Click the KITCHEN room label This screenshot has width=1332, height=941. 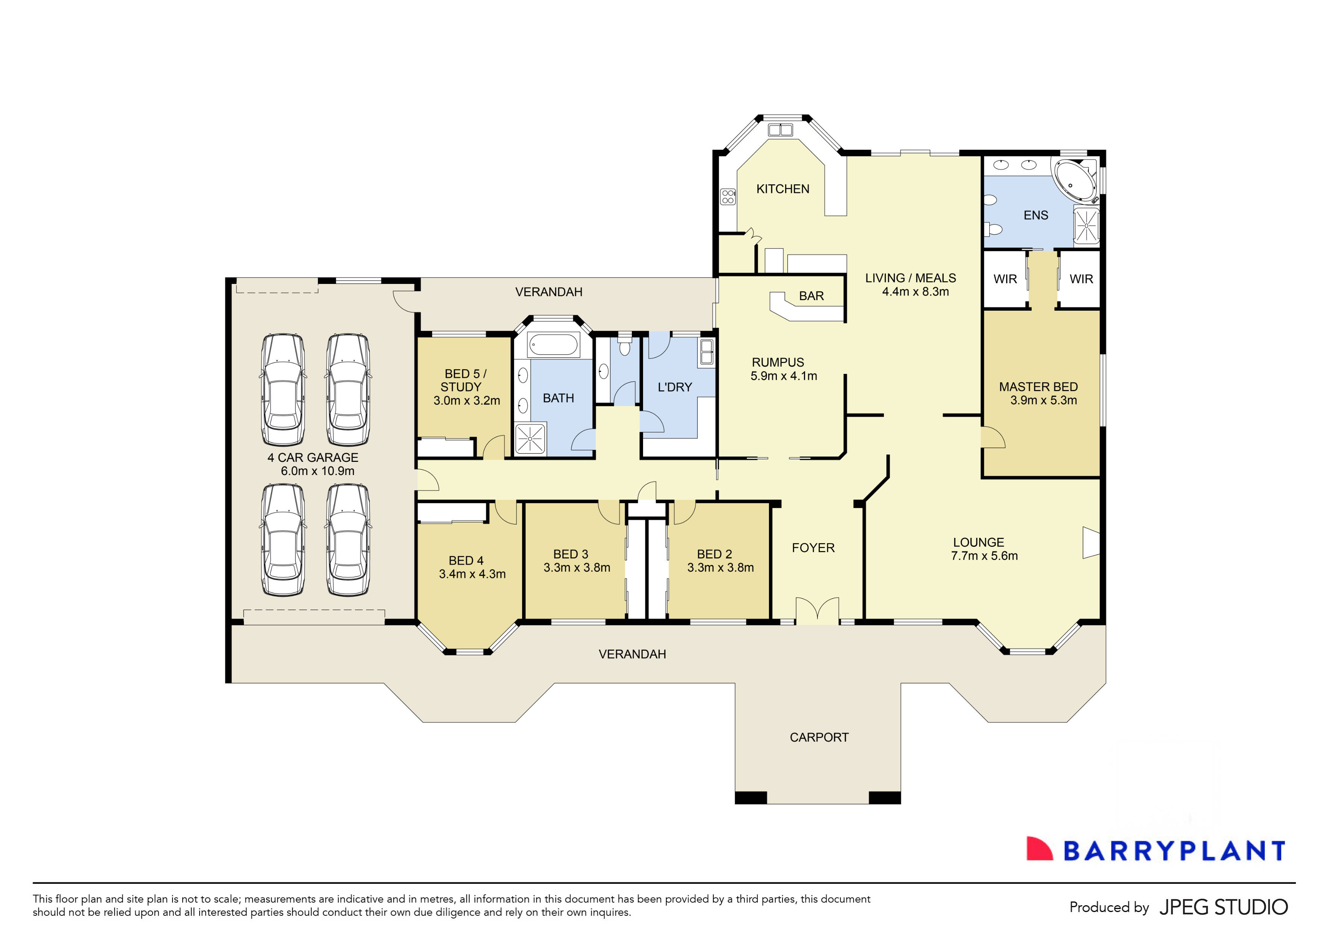point(782,189)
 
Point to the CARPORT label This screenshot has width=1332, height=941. point(819,737)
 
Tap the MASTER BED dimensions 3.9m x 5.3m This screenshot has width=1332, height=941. point(1043,400)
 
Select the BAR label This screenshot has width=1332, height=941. point(811,296)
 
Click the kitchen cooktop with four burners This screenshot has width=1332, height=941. point(728,197)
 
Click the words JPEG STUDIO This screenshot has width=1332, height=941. point(1223,907)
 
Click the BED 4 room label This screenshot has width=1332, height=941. point(466,561)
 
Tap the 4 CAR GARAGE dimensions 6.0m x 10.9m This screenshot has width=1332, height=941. point(317,471)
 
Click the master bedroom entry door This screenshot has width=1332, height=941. point(992,437)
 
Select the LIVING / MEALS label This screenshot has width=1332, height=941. point(910,278)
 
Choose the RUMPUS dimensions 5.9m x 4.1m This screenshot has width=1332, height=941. point(783,376)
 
